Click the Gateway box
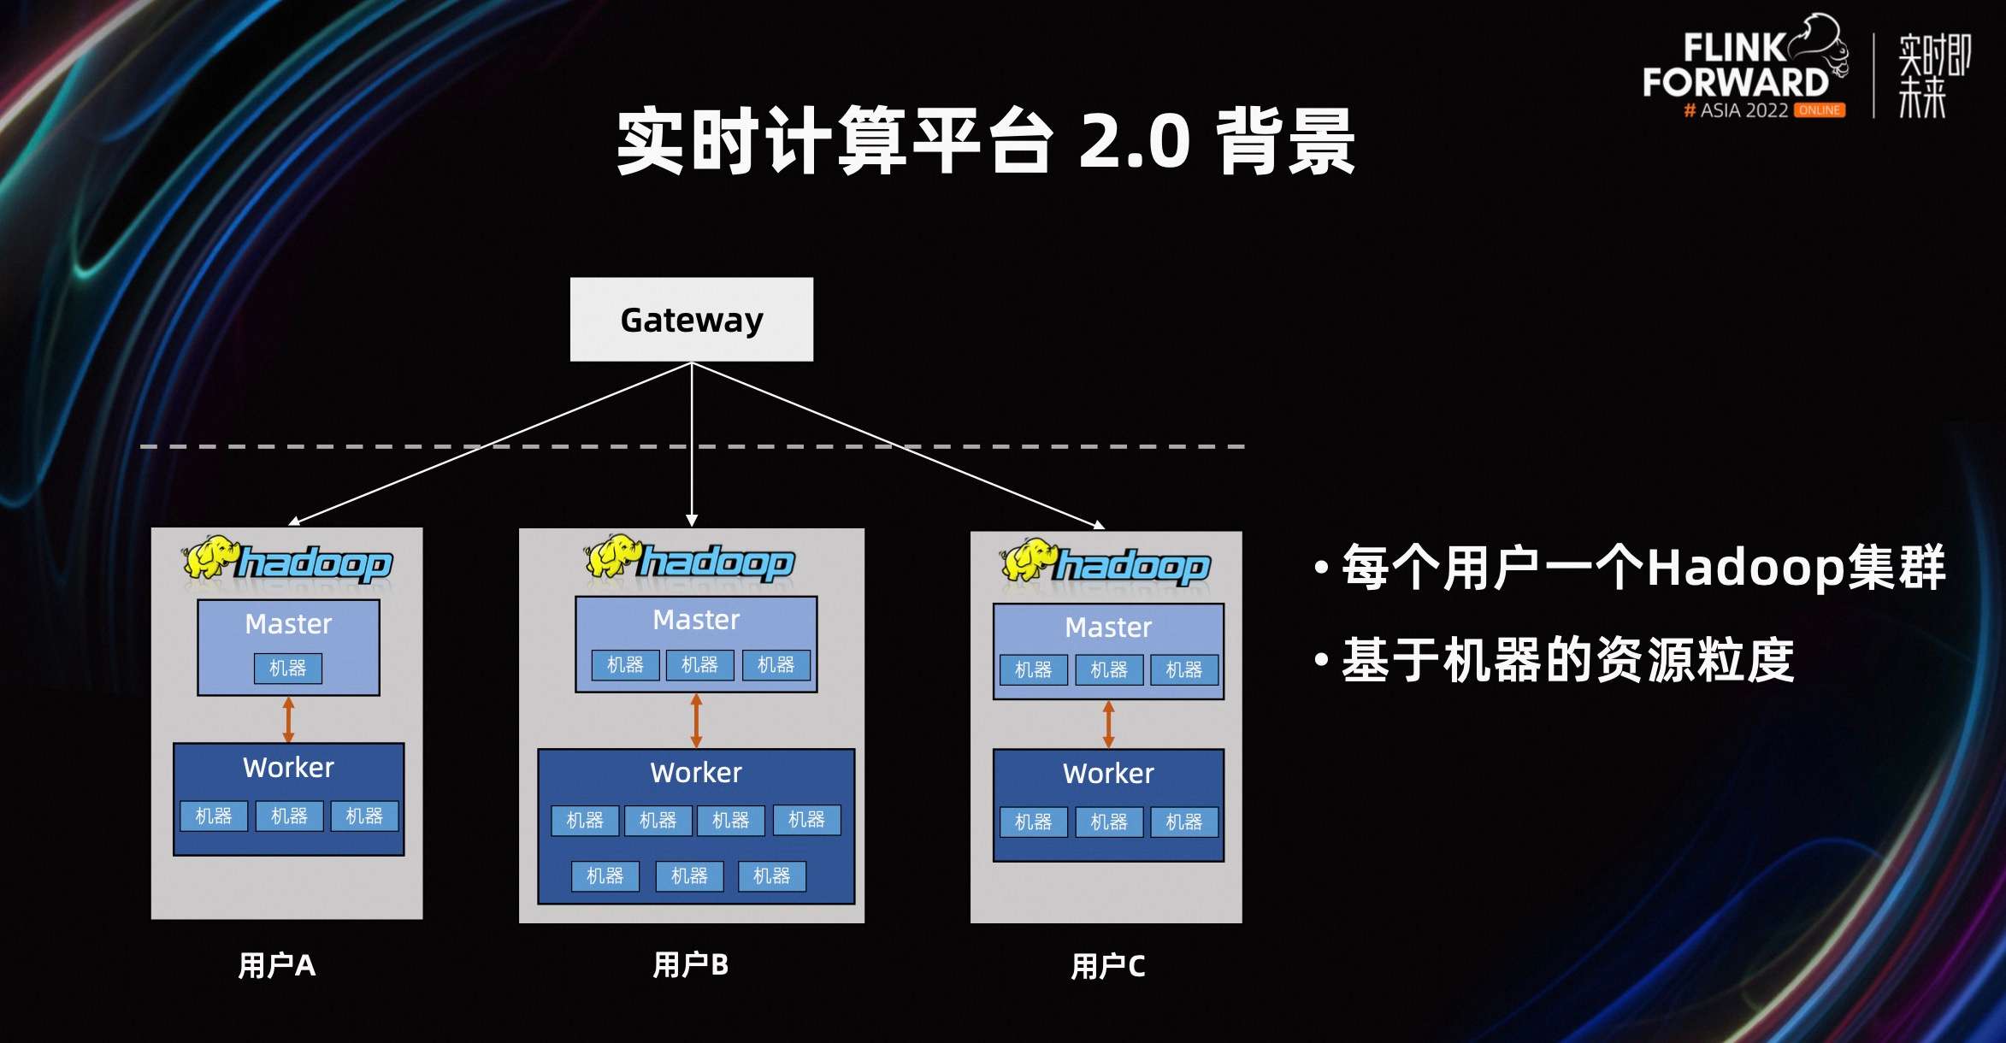tap(691, 319)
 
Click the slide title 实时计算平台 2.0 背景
tap(985, 140)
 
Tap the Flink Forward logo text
tap(1735, 67)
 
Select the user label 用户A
tap(276, 965)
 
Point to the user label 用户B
tap(690, 964)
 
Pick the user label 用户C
tap(1107, 966)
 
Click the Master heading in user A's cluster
tap(288, 624)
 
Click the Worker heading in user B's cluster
tap(696, 773)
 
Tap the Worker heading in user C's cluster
tap(1108, 774)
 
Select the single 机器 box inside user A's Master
tap(288, 668)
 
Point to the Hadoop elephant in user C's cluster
tap(1028, 560)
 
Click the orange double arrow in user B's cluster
tap(696, 721)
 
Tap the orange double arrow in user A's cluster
tap(288, 720)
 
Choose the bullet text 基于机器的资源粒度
tap(1566, 660)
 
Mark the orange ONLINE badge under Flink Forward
tap(1819, 110)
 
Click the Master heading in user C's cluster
tap(1108, 628)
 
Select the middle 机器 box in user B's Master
tap(699, 664)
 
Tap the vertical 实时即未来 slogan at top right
tap(1933, 75)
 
